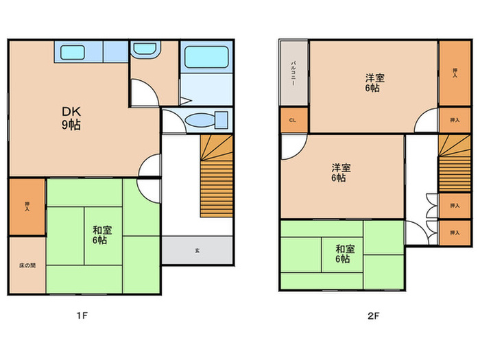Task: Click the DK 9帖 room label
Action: click(71, 118)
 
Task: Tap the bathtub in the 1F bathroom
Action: click(206, 57)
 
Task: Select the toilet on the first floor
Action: click(207, 120)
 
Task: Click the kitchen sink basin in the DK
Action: click(73, 52)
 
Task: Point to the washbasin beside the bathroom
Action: click(144, 49)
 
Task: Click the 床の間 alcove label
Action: click(27, 265)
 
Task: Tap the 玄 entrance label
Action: click(197, 250)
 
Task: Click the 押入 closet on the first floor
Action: click(27, 207)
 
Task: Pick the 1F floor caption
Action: click(82, 315)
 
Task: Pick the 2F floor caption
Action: click(373, 315)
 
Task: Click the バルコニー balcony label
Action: click(293, 73)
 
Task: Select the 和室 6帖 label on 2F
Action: click(345, 254)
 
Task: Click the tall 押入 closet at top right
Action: click(455, 73)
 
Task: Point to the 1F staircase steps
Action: click(217, 176)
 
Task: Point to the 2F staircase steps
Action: click(455, 163)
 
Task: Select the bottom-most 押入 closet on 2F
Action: click(455, 232)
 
